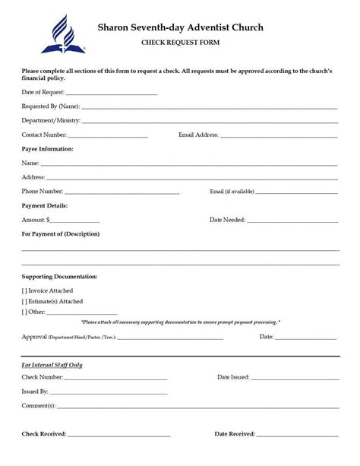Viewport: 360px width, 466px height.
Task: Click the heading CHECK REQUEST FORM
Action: click(x=180, y=44)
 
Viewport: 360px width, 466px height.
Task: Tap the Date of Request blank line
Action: click(x=112, y=94)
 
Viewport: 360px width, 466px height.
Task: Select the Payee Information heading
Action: click(x=48, y=149)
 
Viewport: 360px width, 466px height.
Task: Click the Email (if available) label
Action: click(x=232, y=192)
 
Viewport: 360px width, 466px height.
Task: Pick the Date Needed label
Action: click(x=226, y=220)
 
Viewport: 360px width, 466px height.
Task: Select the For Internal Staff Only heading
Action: click(x=52, y=365)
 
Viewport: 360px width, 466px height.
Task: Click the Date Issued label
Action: click(x=234, y=376)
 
